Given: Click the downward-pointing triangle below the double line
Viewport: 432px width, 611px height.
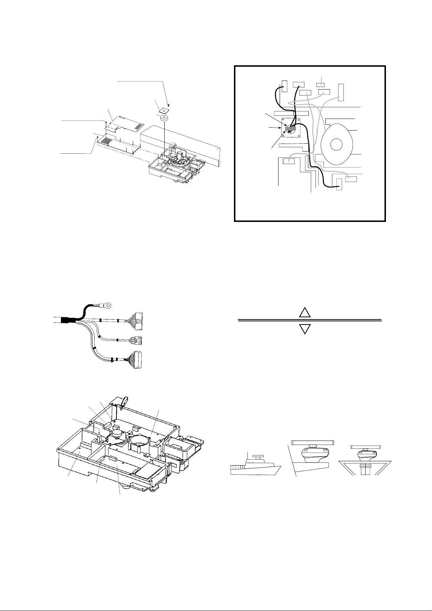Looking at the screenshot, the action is (x=305, y=329).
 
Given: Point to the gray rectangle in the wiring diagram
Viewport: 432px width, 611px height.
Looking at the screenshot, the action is (x=291, y=128).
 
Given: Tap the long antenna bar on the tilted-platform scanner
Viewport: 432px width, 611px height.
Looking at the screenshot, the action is (x=312, y=442).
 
